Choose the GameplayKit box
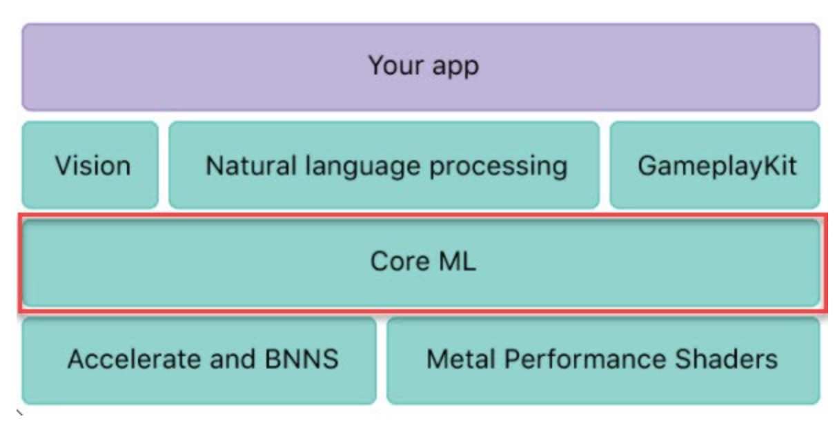point(715,166)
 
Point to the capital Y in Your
point(375,66)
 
